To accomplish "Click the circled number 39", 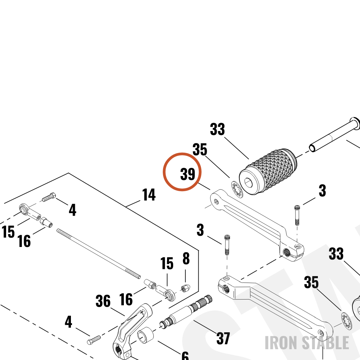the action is pos(188,174).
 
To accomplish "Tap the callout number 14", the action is pos(149,194).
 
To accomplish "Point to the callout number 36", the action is pos(103,301).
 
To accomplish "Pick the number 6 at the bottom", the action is pos(185,356).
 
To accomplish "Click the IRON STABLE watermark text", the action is pos(307,343).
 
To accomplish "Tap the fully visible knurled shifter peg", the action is pos(268,172).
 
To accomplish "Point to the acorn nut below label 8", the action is pos(185,288).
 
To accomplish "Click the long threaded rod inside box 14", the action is pos(99,253).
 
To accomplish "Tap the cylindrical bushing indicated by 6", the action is pos(145,335).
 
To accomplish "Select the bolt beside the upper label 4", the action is pos(49,197).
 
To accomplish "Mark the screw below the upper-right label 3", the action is pos(297,215).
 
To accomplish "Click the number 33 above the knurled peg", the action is pos(217,129).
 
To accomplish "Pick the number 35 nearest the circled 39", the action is pos(200,149).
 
